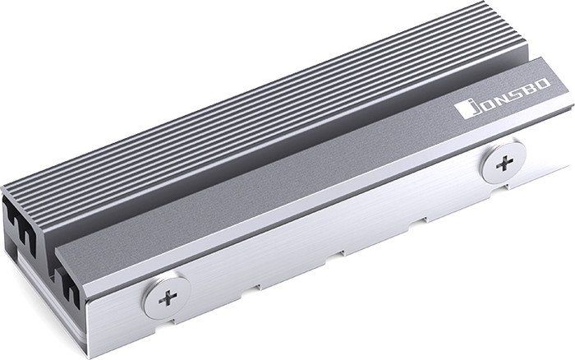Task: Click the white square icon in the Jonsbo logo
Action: [x=462, y=110]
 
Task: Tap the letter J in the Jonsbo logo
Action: [x=473, y=106]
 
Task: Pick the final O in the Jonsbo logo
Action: [x=543, y=83]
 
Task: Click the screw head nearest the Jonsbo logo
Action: [x=504, y=163]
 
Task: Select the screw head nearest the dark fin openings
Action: [x=168, y=298]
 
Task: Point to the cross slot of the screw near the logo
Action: [x=504, y=163]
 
